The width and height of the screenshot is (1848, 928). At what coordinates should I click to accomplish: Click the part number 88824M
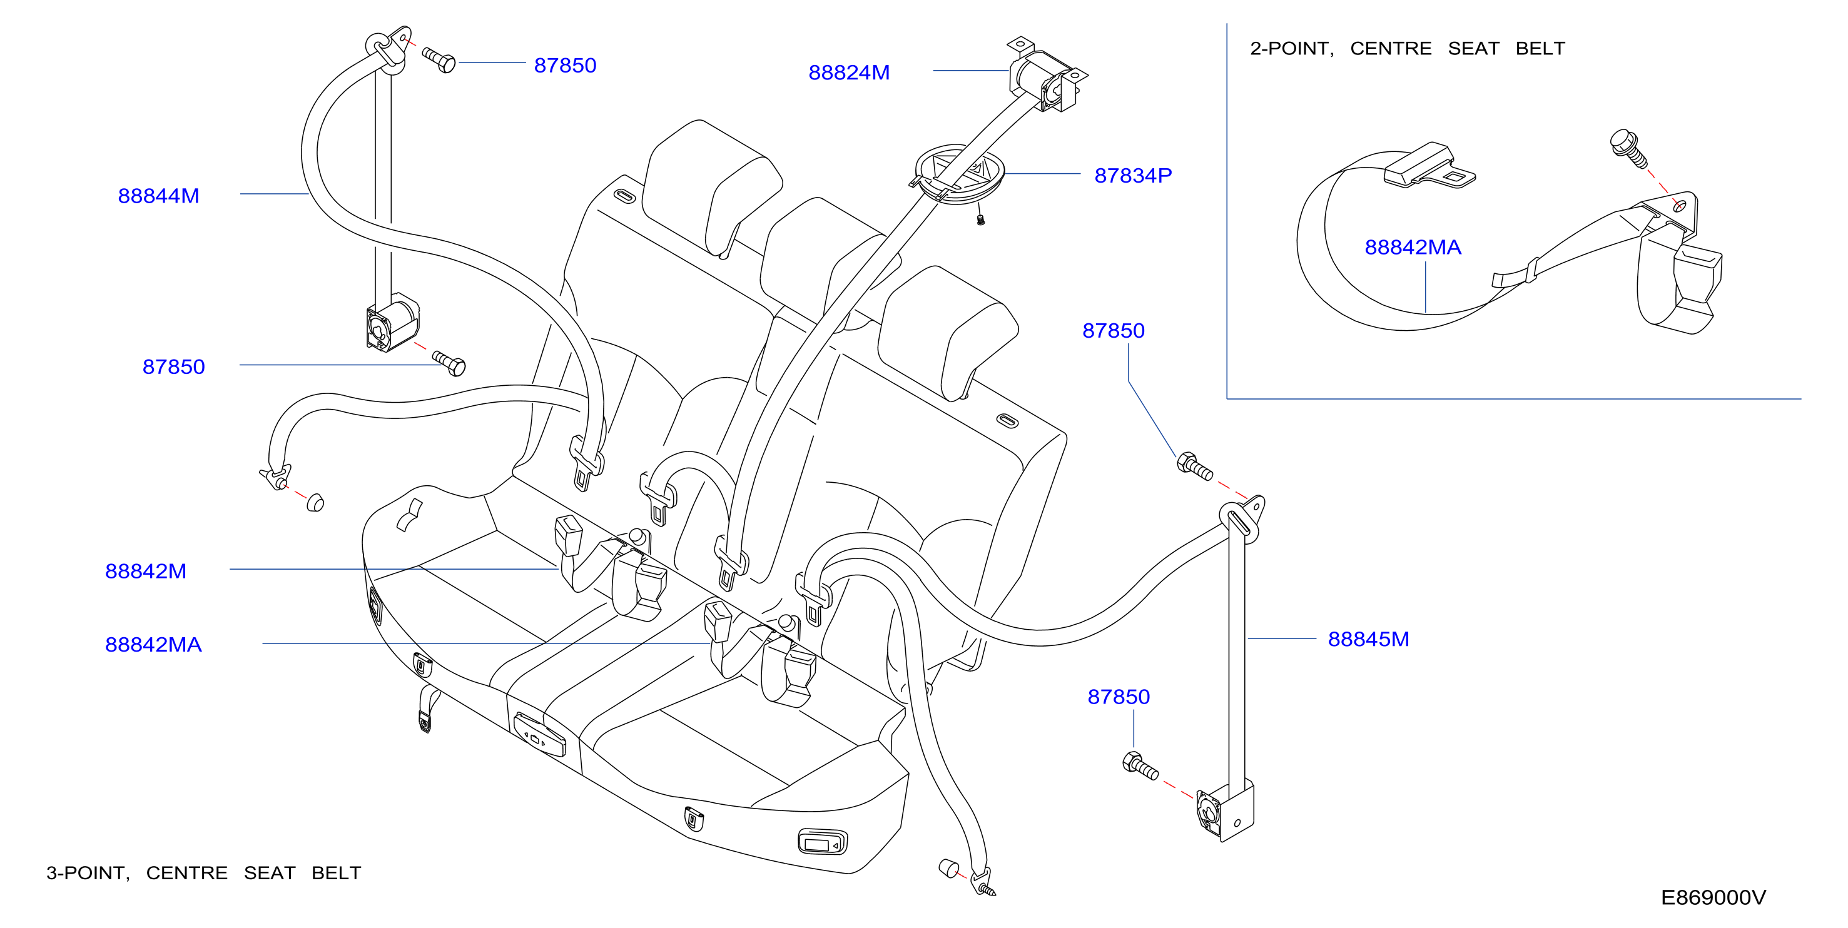[x=849, y=73]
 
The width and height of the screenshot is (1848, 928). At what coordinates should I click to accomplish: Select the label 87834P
[x=1133, y=175]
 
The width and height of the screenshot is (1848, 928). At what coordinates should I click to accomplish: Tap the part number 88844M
[x=158, y=196]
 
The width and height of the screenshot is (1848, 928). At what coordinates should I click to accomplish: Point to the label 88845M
[x=1368, y=639]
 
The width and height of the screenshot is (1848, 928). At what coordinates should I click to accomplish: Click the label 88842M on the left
[x=146, y=571]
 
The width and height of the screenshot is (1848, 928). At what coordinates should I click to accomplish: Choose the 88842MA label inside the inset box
[x=1413, y=248]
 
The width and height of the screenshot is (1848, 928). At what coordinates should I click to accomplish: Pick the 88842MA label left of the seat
[x=153, y=645]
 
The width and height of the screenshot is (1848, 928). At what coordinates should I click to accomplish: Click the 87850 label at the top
[x=566, y=65]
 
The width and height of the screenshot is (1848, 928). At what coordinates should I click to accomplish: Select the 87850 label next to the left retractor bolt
[x=174, y=366]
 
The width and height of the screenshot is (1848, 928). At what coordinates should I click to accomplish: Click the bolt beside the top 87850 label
[x=439, y=59]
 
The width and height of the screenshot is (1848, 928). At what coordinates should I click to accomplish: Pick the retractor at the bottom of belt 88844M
[x=392, y=323]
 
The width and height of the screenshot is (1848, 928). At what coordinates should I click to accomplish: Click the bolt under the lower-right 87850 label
[x=1140, y=766]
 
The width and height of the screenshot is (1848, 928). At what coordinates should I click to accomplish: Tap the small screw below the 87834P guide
[x=981, y=218]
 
